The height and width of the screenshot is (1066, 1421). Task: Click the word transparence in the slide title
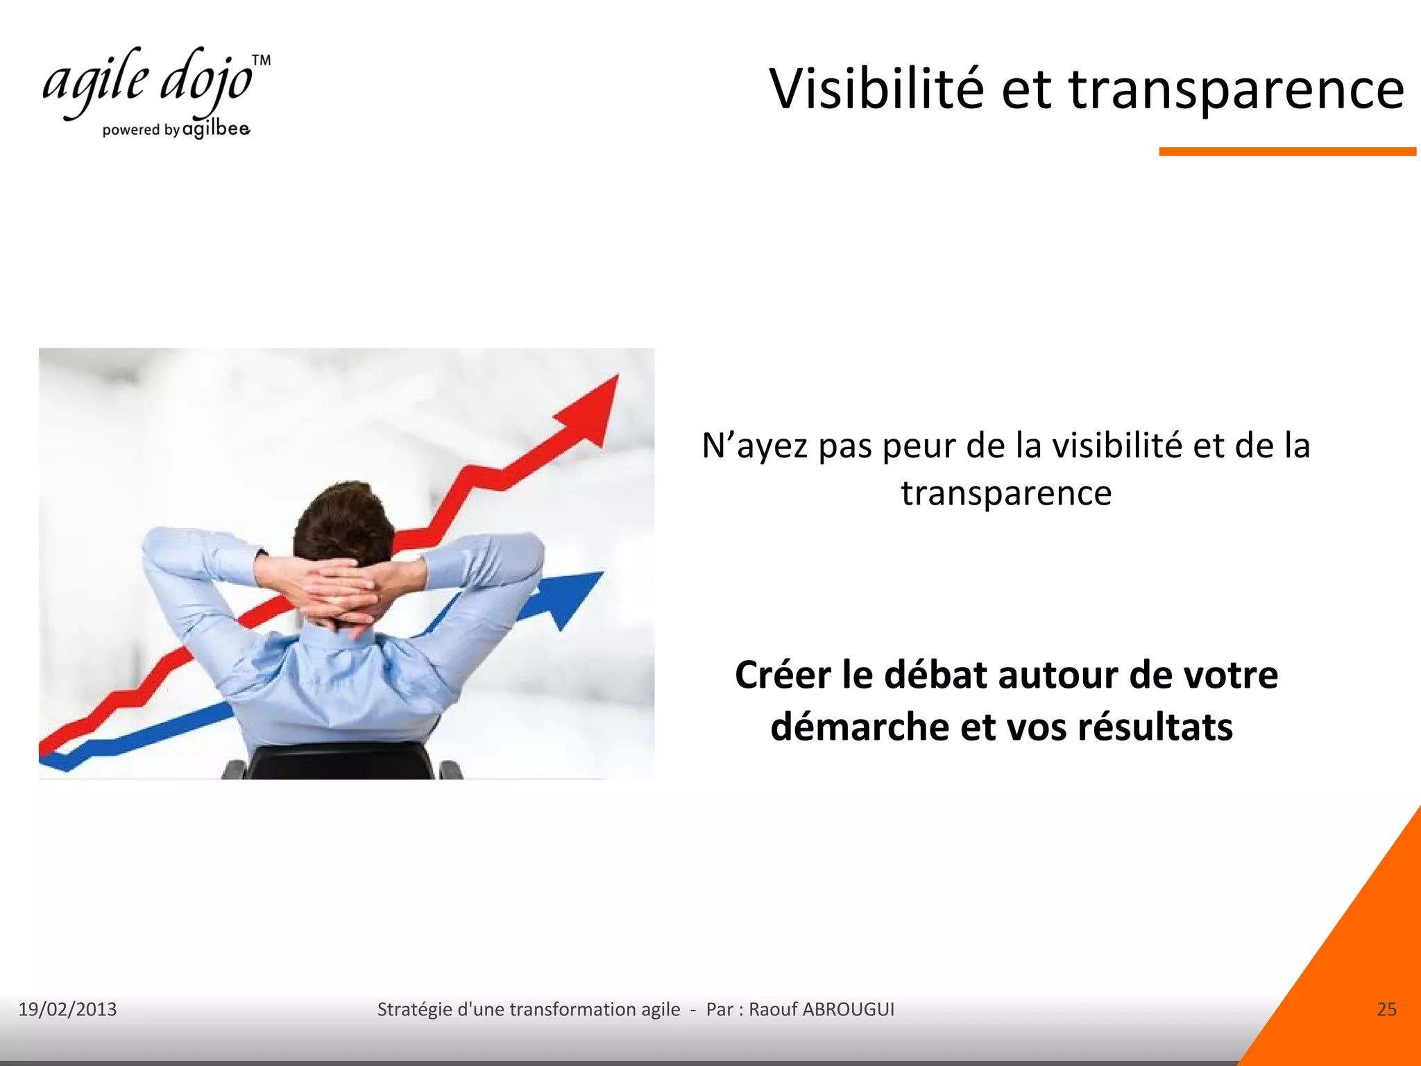click(x=1236, y=90)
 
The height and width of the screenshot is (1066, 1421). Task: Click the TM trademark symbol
click(x=261, y=60)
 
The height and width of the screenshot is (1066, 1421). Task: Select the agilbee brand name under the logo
click(x=216, y=129)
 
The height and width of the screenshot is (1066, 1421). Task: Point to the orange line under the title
click(x=1287, y=151)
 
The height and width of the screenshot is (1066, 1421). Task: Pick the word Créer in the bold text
click(x=783, y=675)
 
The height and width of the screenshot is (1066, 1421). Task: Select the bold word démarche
click(x=858, y=727)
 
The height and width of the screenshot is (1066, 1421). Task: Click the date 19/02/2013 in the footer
click(x=67, y=1009)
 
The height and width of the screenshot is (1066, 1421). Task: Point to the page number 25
click(x=1386, y=1009)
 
